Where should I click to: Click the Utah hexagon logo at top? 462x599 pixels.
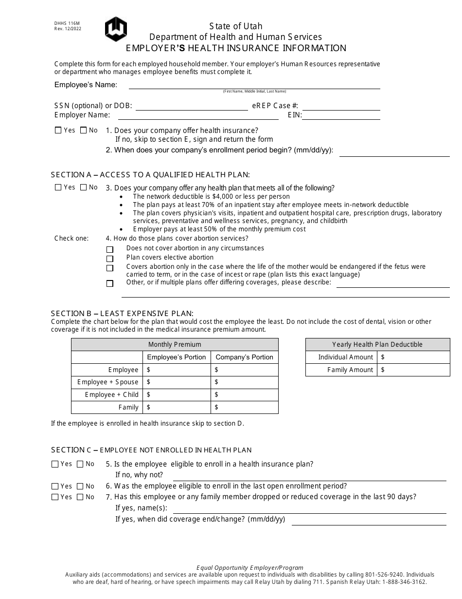(116, 29)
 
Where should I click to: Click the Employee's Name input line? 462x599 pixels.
(254, 85)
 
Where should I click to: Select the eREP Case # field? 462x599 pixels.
(341, 106)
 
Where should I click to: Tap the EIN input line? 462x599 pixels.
(341, 115)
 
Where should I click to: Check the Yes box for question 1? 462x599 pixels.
(58, 131)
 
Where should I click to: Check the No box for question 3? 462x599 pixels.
(83, 187)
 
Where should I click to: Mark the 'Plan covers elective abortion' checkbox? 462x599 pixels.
(110, 259)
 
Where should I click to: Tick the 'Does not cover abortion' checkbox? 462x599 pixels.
(110, 249)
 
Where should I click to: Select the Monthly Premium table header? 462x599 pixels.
(175, 344)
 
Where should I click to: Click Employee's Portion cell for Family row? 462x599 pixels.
(177, 407)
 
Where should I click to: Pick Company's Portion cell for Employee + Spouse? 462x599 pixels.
(245, 382)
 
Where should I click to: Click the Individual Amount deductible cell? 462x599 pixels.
(414, 357)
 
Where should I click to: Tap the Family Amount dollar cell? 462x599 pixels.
(414, 370)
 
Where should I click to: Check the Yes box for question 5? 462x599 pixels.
(55, 465)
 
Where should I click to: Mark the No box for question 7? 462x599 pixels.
(80, 497)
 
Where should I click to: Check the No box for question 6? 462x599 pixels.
(80, 487)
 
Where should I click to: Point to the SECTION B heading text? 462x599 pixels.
(122, 313)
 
